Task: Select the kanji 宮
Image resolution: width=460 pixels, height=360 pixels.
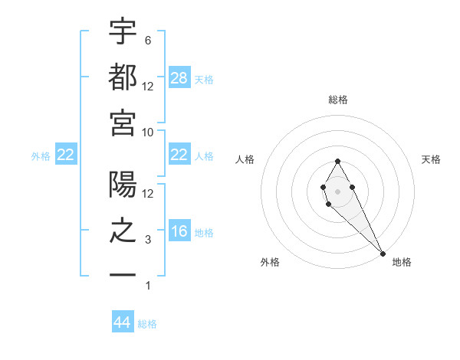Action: pyautogui.click(x=123, y=123)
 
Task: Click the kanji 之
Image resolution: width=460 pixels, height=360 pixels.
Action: pyautogui.click(x=123, y=231)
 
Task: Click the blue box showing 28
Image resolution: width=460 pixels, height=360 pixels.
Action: pyautogui.click(x=179, y=77)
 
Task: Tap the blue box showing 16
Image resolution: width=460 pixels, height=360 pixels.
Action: pyautogui.click(x=179, y=231)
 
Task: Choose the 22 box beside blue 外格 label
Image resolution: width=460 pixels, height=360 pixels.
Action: pyautogui.click(x=66, y=155)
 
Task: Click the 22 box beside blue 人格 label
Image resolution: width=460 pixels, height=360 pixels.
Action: pyautogui.click(x=179, y=155)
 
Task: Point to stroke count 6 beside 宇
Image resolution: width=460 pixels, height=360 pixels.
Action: pyautogui.click(x=148, y=40)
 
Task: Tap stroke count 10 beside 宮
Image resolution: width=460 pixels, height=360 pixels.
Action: pyautogui.click(x=148, y=132)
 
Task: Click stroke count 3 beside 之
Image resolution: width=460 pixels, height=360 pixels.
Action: pyautogui.click(x=148, y=240)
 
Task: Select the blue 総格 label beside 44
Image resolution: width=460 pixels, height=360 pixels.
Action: pyautogui.click(x=147, y=324)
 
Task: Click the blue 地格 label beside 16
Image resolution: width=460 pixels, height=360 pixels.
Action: pyautogui.click(x=204, y=232)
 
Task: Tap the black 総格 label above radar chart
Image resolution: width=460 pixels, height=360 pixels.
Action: pyautogui.click(x=338, y=100)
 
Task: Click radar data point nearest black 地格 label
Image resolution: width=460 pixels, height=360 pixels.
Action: pyautogui.click(x=383, y=253)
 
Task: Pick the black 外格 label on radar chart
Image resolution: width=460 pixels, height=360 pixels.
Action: pyautogui.click(x=270, y=262)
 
